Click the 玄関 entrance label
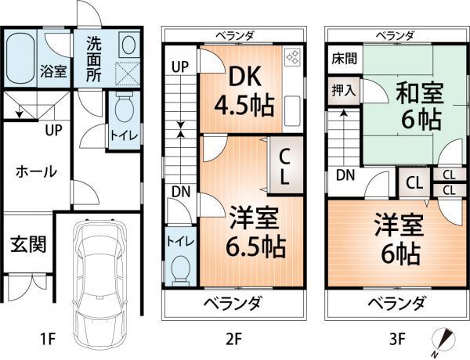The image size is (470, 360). tap(27, 244)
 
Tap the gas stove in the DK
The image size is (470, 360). tap(292, 57)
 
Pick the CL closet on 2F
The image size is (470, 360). tap(284, 166)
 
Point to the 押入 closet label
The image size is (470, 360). tap(343, 89)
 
